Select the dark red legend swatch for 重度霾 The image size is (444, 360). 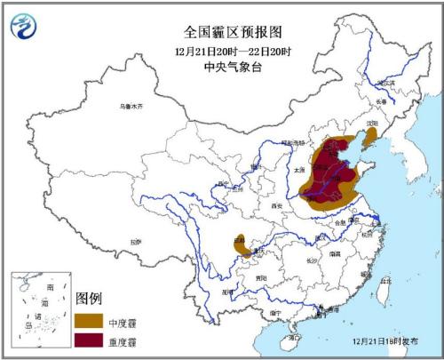click(x=90, y=339)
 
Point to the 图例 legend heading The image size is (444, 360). click(x=90, y=296)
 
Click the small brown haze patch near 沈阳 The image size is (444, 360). click(x=370, y=136)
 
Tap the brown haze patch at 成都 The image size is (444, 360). click(x=240, y=244)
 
